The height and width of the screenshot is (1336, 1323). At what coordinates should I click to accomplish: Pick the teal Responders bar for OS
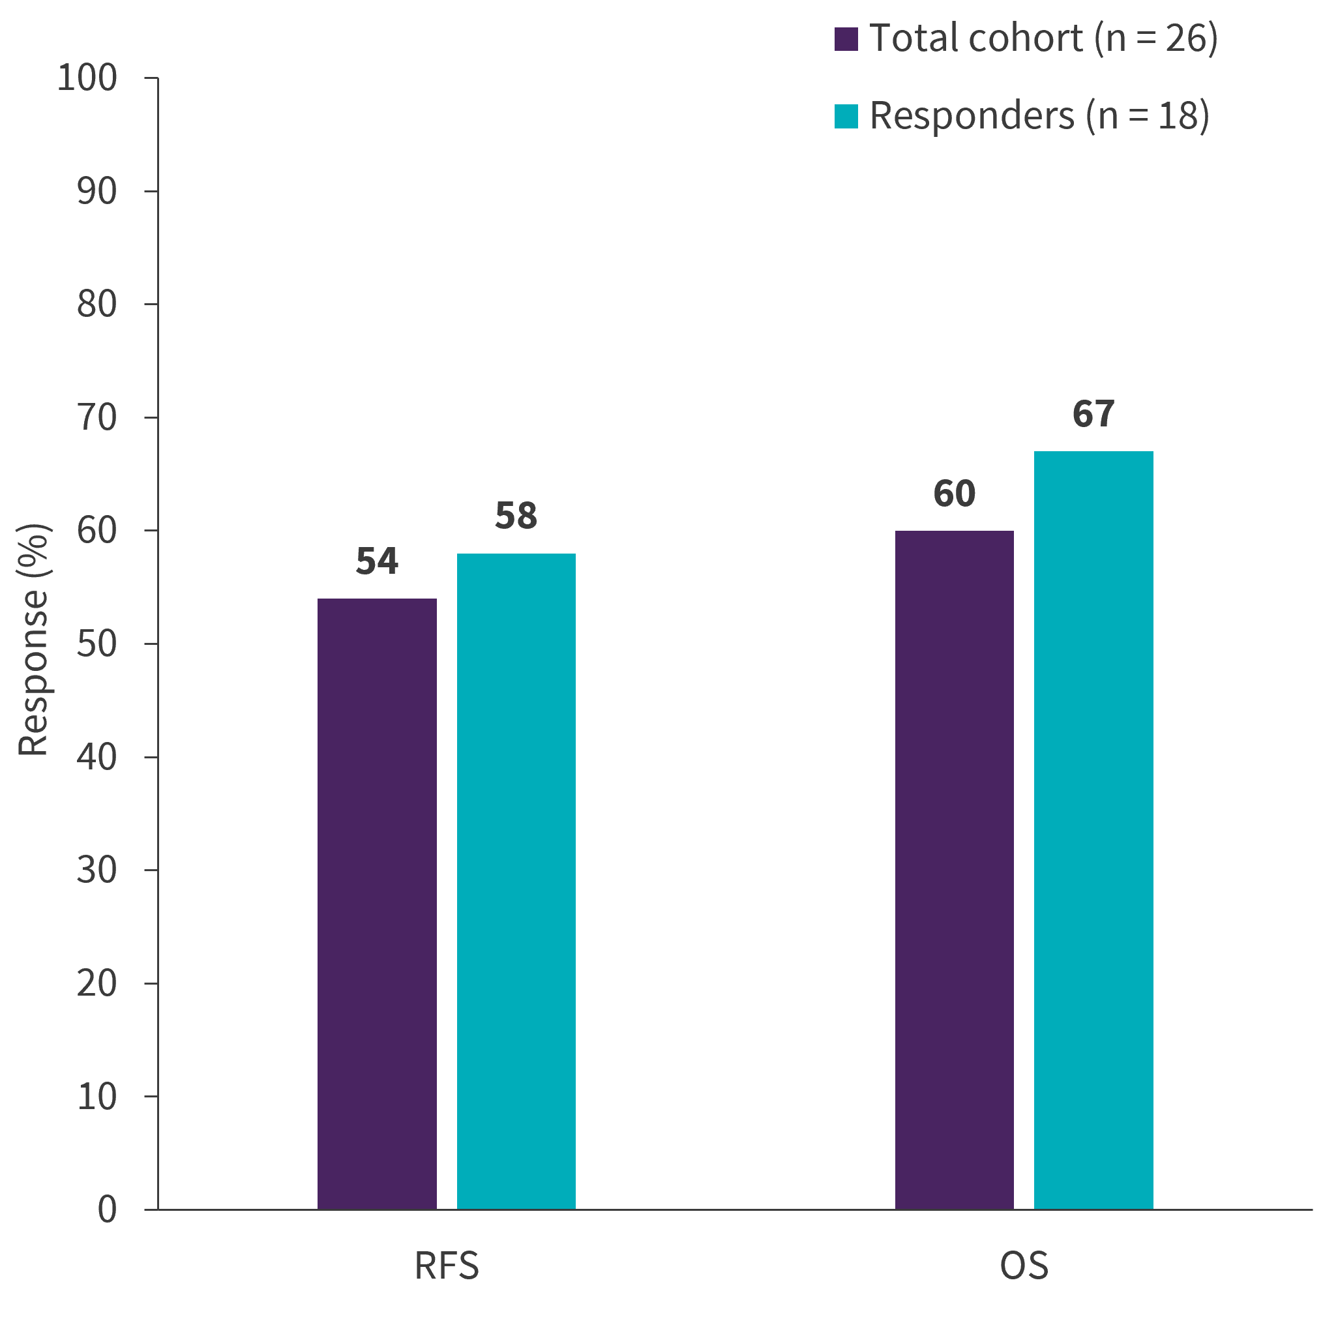point(1093,829)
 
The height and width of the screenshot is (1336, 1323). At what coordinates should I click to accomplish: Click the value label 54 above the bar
point(377,561)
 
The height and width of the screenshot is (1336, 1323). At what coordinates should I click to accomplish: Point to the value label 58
point(516,516)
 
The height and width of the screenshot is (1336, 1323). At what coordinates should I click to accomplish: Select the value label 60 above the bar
point(954,494)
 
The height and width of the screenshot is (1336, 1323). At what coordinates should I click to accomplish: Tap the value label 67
point(1093,414)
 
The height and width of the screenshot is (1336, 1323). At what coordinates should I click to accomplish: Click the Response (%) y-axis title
point(33,639)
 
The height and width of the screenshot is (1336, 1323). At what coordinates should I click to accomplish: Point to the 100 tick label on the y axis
point(87,78)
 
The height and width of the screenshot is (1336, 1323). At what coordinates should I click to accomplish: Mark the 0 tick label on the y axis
point(106,1210)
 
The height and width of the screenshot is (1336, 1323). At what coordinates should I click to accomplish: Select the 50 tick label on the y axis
point(97,644)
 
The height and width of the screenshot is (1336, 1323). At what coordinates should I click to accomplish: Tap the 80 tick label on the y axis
point(97,304)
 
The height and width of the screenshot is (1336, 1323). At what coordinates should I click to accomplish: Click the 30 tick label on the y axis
point(97,870)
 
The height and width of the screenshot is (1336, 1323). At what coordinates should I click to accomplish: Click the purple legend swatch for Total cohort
point(846,38)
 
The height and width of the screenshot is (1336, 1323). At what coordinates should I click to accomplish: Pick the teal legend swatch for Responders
point(846,116)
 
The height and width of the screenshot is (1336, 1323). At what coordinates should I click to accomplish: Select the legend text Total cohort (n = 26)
point(1043,38)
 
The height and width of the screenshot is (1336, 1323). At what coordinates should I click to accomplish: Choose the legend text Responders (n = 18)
point(1039,115)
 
